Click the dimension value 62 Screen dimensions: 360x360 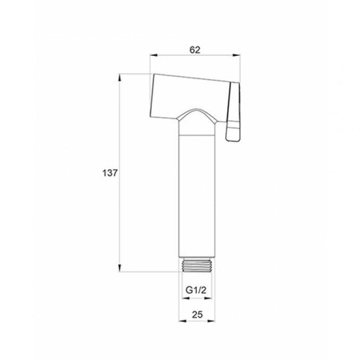tap(195, 50)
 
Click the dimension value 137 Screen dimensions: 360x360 tap(110, 173)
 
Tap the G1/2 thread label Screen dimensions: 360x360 tap(196, 290)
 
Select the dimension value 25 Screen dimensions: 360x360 tap(198, 314)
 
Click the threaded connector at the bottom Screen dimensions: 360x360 tap(197, 264)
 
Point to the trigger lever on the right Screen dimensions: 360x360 tap(233, 112)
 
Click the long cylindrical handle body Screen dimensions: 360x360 tap(197, 196)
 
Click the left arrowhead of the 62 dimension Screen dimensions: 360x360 tap(153, 55)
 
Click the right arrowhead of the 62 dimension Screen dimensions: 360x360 tap(236, 55)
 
